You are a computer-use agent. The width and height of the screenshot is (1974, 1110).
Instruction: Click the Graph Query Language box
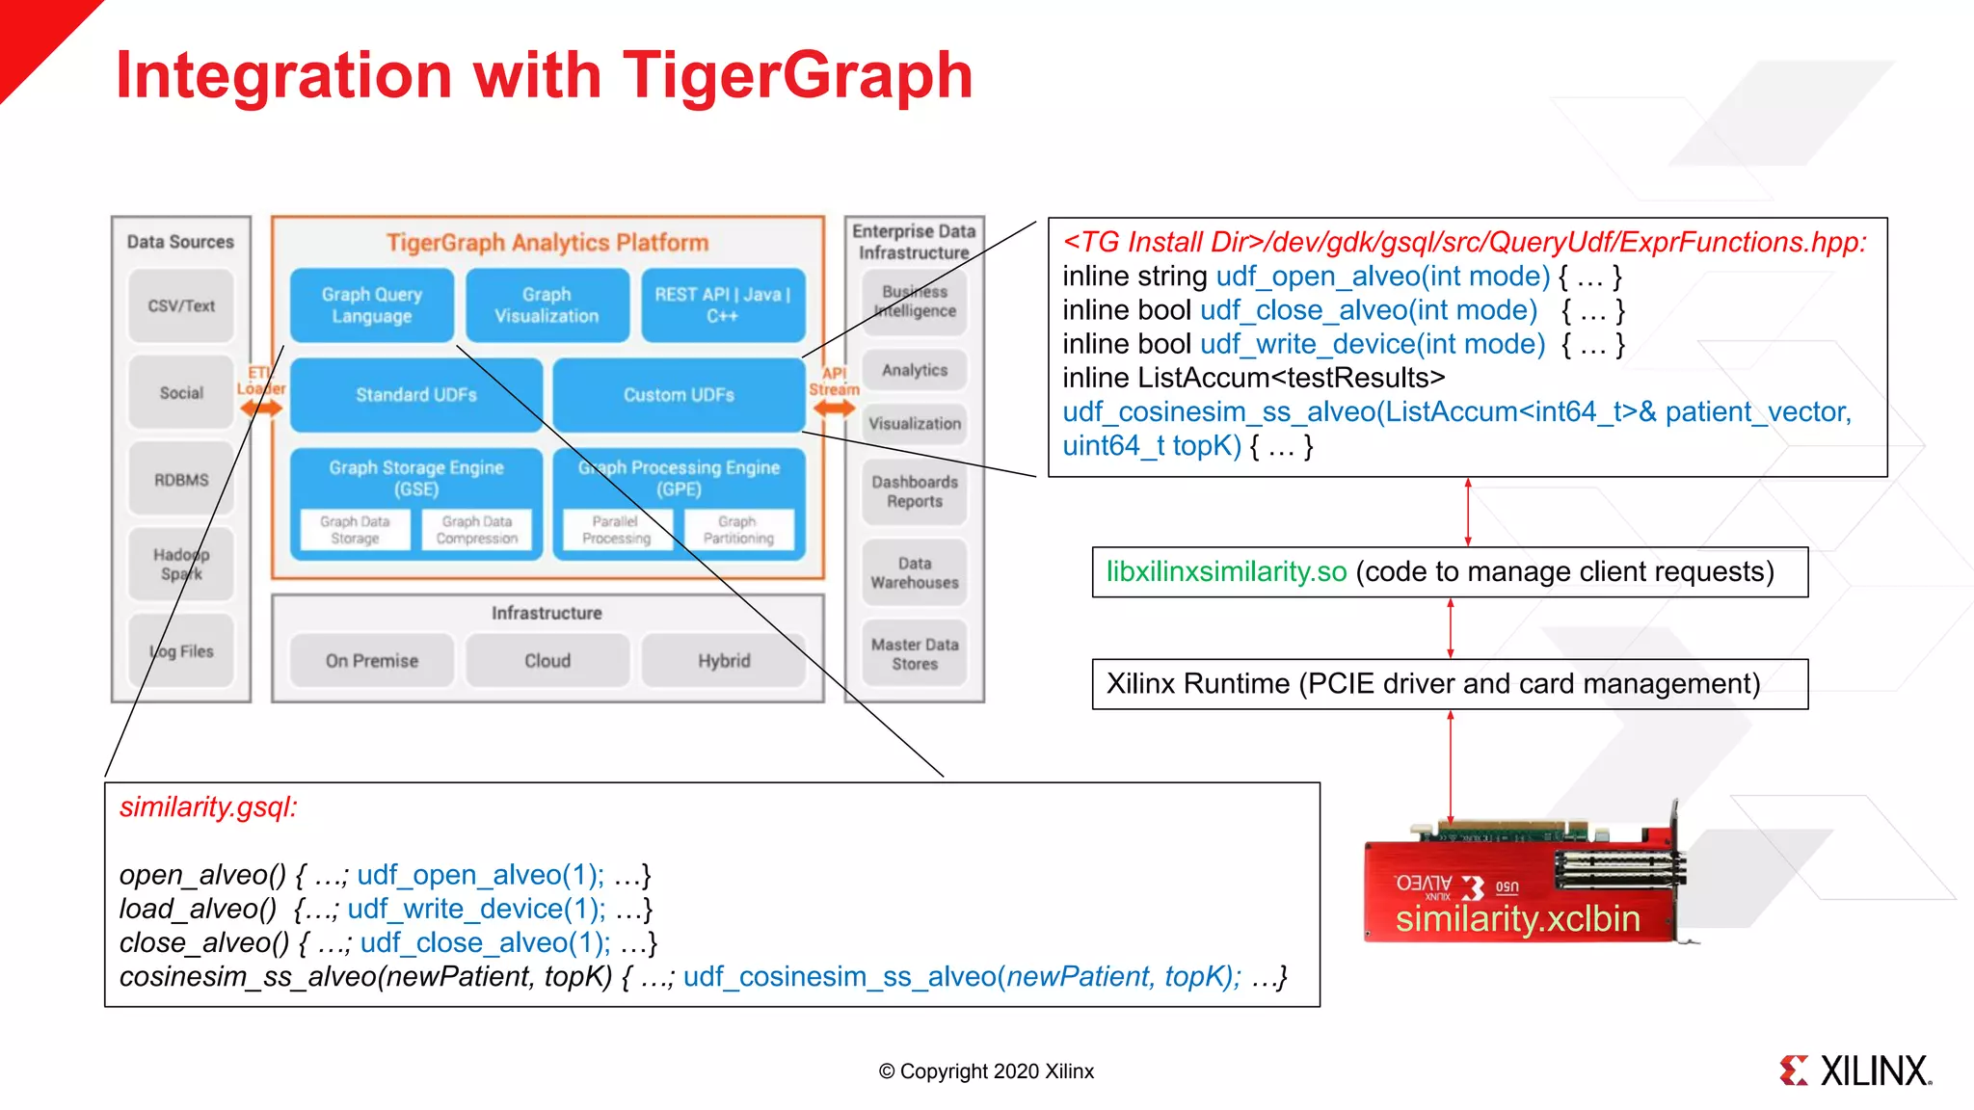[371, 304]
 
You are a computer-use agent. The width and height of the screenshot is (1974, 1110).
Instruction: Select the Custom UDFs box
[679, 394]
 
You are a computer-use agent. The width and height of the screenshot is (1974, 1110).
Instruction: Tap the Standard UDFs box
[415, 394]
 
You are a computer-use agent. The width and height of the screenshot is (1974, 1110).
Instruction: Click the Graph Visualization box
[547, 304]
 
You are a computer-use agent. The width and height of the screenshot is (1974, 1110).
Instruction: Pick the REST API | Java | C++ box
[722, 304]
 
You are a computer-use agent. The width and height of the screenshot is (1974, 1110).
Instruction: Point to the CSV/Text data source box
[181, 305]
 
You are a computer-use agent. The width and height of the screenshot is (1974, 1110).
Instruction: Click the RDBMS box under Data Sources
[181, 480]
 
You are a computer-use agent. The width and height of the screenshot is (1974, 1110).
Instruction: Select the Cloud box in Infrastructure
[547, 661]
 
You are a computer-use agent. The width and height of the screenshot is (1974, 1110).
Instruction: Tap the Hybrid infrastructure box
[723, 661]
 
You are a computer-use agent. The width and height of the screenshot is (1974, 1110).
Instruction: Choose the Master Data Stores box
[914, 654]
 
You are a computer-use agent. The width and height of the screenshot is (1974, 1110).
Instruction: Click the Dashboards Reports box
[914, 491]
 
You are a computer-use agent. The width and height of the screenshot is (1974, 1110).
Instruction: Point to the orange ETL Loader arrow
[261, 408]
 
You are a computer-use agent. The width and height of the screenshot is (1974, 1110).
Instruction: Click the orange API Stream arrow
[834, 408]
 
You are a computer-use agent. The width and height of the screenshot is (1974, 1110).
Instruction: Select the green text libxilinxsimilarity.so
[1226, 571]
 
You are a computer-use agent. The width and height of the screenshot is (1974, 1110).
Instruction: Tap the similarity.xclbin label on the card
[1517, 918]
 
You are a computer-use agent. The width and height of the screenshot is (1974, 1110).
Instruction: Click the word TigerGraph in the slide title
[798, 75]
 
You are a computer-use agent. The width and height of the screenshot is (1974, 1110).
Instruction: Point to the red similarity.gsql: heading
[208, 806]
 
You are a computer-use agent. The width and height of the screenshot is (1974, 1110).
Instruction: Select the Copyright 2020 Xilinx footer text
[986, 1071]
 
